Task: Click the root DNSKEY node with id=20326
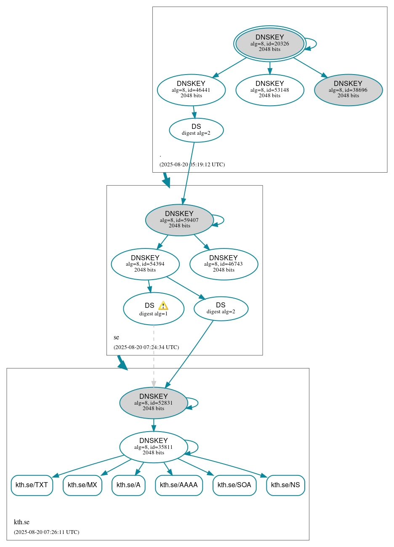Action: coord(269,43)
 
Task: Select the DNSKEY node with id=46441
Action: coord(191,90)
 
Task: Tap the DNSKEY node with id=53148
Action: coord(269,90)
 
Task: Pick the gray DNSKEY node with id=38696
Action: coord(348,90)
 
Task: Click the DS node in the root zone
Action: coord(196,130)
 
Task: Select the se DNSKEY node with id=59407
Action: coord(179,220)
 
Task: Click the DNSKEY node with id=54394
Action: coord(145,264)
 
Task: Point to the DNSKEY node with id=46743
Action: coord(224,264)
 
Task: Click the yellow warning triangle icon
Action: coord(163,306)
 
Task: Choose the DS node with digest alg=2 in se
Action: coord(221,309)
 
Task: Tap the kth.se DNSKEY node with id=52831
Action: coord(153,403)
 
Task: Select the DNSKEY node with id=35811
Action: coord(153,447)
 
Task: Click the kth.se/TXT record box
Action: coord(32,485)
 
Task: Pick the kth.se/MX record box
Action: coord(83,485)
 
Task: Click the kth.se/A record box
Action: coord(128,485)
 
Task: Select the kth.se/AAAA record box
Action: coord(178,485)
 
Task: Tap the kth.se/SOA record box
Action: coord(234,485)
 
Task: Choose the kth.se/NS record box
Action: coord(285,485)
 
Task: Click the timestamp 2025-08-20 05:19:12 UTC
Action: coord(192,165)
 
